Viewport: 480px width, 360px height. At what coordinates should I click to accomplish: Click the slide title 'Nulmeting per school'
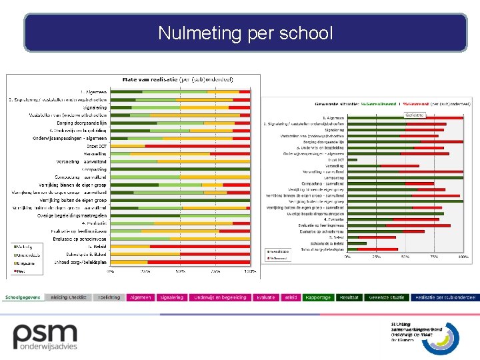245,33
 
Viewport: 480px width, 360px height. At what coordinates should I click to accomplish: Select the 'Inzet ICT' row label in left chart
97,145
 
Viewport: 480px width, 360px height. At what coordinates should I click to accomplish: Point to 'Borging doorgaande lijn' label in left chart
80,123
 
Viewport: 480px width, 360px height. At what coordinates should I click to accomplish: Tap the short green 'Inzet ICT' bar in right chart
353,160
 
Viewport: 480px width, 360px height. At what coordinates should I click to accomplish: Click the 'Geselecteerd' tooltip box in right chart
415,115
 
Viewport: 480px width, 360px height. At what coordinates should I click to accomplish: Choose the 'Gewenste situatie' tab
387,297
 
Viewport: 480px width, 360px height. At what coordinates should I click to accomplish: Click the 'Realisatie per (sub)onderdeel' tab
445,297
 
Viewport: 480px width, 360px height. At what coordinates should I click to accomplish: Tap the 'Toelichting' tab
109,297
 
